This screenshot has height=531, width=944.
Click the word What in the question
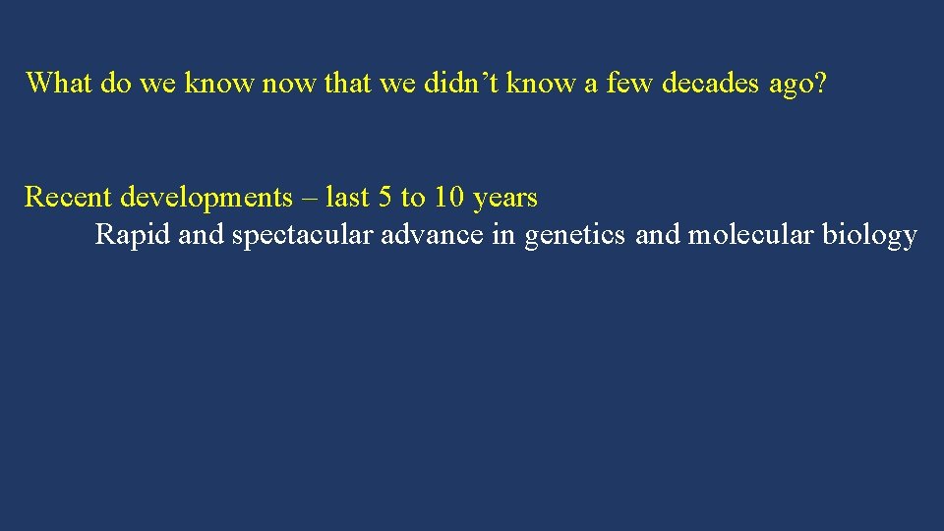point(60,83)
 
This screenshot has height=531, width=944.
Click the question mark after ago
point(820,83)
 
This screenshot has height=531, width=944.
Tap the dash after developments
point(309,198)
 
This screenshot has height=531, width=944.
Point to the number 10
point(448,198)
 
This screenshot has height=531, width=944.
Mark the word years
point(505,198)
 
